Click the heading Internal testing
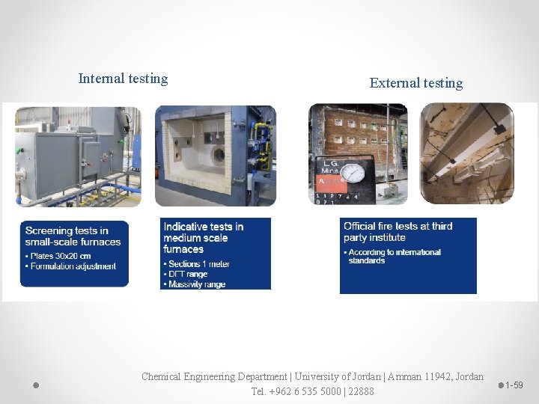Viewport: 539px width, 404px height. (123, 79)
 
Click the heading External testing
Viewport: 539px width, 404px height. (416, 83)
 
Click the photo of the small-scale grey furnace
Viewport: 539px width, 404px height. (77, 156)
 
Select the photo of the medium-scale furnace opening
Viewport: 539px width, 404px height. (215, 156)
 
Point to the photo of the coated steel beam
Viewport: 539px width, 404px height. (466, 153)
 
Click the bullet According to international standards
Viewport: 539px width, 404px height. (395, 257)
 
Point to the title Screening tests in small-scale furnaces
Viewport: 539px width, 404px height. (73, 236)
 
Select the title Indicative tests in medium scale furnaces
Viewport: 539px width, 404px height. (204, 238)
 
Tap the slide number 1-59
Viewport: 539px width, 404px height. (514, 385)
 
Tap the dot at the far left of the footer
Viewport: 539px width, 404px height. (35, 385)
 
